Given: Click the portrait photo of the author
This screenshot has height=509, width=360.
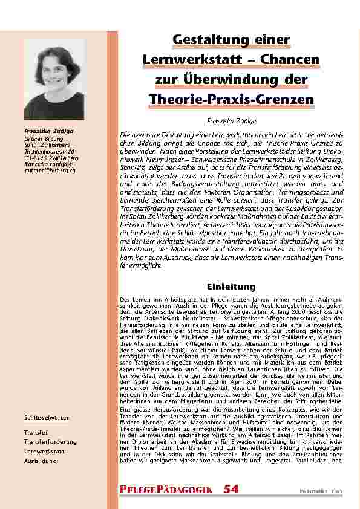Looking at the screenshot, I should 54,79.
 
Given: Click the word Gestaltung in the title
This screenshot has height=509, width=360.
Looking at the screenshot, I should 202,40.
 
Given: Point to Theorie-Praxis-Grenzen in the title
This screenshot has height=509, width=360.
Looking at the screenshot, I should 232,99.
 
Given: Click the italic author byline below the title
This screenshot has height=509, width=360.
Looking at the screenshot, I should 232,122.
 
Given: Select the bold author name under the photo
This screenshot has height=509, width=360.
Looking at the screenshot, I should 45,131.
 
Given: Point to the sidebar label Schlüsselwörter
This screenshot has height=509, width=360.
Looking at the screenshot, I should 47,418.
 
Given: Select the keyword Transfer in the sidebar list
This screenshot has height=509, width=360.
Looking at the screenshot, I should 36,433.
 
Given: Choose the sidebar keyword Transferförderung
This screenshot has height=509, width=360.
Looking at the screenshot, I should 50,442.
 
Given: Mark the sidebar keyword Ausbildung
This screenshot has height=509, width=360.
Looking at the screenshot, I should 41,461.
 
